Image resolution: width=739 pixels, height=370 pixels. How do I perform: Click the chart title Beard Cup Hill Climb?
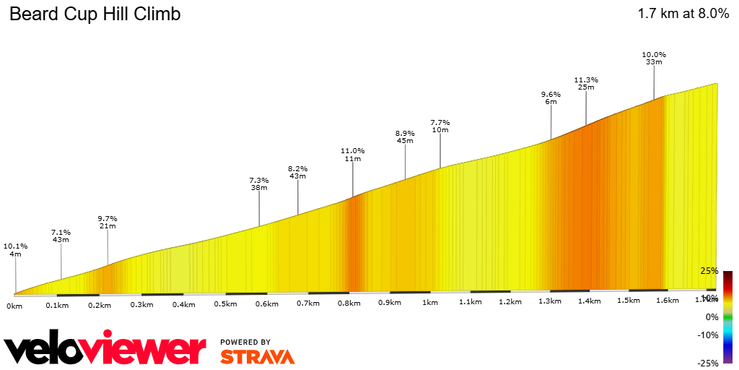(95, 14)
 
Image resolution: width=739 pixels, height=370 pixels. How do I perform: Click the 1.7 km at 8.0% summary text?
(683, 14)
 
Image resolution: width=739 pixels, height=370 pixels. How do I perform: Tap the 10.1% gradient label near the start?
(15, 249)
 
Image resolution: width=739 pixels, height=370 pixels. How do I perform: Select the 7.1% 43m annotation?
(61, 236)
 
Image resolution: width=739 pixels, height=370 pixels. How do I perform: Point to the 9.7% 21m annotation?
(108, 222)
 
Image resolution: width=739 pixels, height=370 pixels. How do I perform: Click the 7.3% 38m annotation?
(259, 184)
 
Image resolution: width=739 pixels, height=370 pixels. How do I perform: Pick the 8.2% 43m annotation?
(298, 171)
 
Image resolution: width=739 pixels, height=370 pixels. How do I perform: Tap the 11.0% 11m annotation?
(353, 155)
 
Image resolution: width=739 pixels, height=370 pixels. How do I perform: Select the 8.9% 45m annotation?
(405, 137)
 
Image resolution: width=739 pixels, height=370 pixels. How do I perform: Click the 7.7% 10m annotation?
(440, 126)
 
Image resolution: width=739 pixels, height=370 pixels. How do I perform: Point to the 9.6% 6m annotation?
(551, 98)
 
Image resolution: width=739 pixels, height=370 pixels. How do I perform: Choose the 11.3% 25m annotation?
(586, 83)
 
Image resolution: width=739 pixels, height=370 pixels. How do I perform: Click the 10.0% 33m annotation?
(654, 58)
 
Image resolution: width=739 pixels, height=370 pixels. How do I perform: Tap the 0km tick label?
(14, 306)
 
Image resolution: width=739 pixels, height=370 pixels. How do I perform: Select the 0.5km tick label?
(225, 304)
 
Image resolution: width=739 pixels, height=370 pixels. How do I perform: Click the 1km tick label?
(431, 303)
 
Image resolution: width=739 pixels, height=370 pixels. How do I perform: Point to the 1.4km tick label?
(590, 301)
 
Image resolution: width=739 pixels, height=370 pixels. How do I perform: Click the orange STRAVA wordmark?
(257, 356)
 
